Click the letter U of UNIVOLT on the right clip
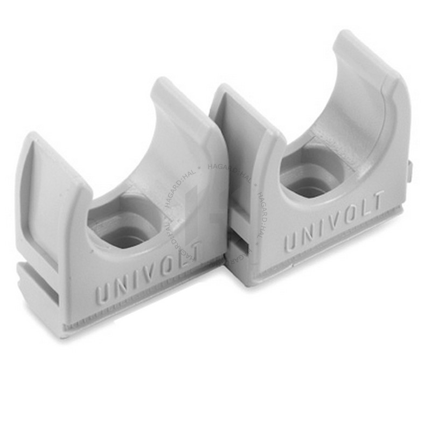tap(291, 242)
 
